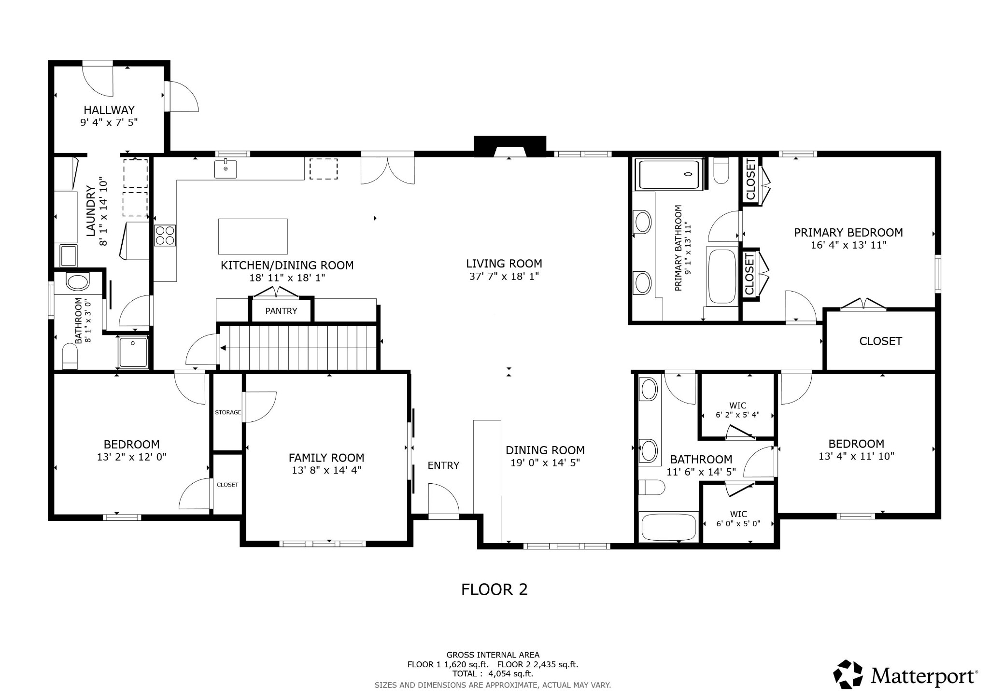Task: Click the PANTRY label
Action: coord(281,311)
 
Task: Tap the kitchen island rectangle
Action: coord(253,237)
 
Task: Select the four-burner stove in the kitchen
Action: coord(165,236)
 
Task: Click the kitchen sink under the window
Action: coord(226,169)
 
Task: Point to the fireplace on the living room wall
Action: coord(509,147)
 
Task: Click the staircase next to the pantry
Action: coord(298,348)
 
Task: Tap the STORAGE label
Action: coord(227,412)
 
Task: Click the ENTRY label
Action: coord(443,465)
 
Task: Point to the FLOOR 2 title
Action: coord(494,589)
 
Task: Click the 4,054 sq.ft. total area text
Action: coord(504,674)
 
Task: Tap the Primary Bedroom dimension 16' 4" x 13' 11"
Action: coord(848,245)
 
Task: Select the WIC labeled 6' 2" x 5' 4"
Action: coord(737,410)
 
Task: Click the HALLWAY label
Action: coord(109,110)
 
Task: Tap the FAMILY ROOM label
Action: coord(326,458)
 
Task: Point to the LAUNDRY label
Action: coord(90,211)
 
